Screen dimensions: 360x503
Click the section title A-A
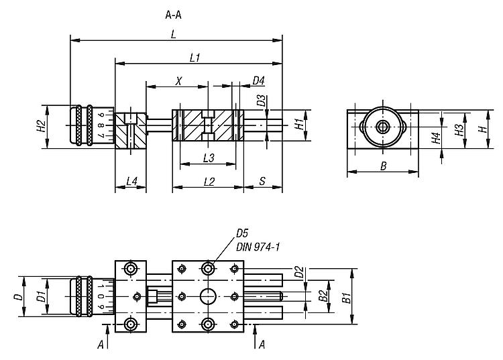click(173, 13)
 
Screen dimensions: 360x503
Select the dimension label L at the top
click(174, 36)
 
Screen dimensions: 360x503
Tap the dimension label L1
click(194, 58)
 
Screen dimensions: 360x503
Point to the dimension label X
click(178, 81)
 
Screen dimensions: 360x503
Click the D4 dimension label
click(258, 81)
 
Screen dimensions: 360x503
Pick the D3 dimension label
click(261, 102)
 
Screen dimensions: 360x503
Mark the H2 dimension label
click(41, 125)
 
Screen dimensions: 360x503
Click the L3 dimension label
click(208, 159)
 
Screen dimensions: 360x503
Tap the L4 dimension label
click(131, 182)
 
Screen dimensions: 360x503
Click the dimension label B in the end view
click(383, 167)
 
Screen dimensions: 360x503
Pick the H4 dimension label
click(436, 138)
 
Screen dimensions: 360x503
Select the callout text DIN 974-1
click(258, 247)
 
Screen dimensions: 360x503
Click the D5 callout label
click(242, 234)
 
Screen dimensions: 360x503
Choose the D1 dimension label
click(41, 296)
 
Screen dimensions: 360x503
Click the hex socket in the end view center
click(382, 126)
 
